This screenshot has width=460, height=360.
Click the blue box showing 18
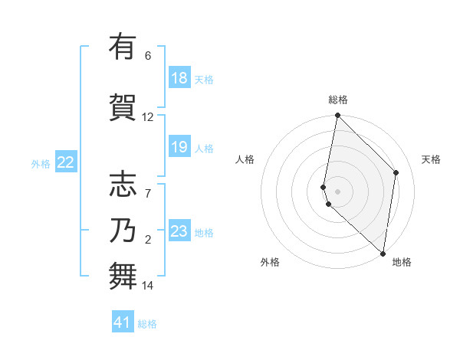(x=179, y=78)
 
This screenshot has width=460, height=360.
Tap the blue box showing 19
(x=179, y=147)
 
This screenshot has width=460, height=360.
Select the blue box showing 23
(x=179, y=231)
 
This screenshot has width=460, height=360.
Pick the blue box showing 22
(x=66, y=162)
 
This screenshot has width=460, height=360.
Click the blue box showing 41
(x=123, y=322)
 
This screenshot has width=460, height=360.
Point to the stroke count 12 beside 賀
(x=147, y=117)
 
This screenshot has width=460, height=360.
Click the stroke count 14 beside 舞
(x=147, y=286)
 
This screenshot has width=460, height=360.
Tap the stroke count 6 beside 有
(x=147, y=56)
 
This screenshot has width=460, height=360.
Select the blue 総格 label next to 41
(x=147, y=324)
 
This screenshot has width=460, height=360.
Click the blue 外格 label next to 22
(x=41, y=163)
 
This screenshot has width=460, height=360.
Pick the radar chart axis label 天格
(x=431, y=159)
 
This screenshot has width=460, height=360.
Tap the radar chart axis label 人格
(x=245, y=159)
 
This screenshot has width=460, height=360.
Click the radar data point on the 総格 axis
(x=337, y=116)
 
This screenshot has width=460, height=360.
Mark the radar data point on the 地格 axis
(x=383, y=253)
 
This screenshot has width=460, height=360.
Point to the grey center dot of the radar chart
(x=338, y=190)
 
